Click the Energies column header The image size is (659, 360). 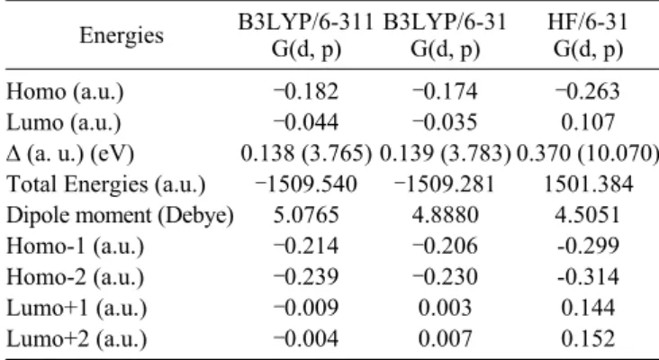coord(122,35)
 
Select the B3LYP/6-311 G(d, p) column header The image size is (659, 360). coord(306,35)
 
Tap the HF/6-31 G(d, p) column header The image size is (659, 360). coord(588,35)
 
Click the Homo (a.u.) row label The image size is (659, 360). coord(65,92)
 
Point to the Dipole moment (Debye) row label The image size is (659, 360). coord(120,215)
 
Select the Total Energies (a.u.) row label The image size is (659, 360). coord(106,184)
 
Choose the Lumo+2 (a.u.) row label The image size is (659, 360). coord(77,339)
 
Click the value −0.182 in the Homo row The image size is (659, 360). coord(305,91)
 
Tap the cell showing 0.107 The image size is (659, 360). coord(588,122)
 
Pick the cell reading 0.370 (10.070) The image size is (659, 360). coord(587,153)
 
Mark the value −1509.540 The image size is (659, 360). coord(306,184)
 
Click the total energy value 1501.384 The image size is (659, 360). coord(589,184)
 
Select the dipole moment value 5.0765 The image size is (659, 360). coord(306,215)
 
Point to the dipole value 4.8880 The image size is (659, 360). coord(446,215)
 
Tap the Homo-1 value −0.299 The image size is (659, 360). coord(588,246)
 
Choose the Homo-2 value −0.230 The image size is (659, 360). coord(445,277)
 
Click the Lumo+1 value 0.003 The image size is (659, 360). coord(445,308)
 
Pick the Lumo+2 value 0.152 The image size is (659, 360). coord(588,339)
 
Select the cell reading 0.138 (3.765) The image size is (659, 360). coord(306,153)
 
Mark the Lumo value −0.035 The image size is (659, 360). coord(445,122)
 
